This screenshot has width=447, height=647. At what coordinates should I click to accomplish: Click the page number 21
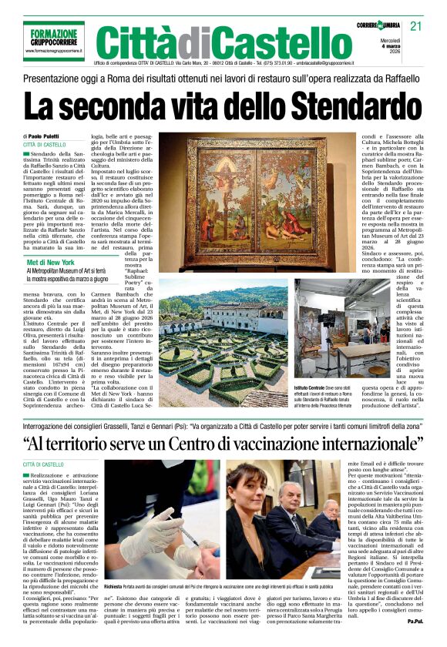click(416, 27)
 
